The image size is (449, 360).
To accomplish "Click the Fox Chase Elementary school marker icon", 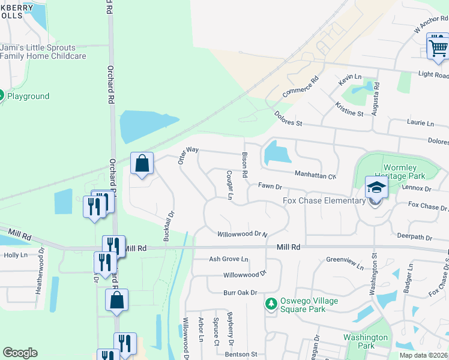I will pyautogui.click(x=376, y=189).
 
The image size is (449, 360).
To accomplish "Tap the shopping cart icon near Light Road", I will pyautogui.click(x=438, y=47).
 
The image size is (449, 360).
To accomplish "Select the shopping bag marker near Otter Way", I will pyautogui.click(x=142, y=164).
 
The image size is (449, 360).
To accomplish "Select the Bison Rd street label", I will pyautogui.click(x=245, y=164).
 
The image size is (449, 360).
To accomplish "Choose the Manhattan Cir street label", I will pyautogui.click(x=315, y=175).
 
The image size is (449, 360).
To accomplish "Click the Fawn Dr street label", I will pyautogui.click(x=270, y=187).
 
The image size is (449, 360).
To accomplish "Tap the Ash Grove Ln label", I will pyautogui.click(x=228, y=259).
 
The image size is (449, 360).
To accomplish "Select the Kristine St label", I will pyautogui.click(x=349, y=109).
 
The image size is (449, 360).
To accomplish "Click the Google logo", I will pyautogui.click(x=20, y=353).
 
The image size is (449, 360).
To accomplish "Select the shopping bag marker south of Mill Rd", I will pyautogui.click(x=117, y=301).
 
